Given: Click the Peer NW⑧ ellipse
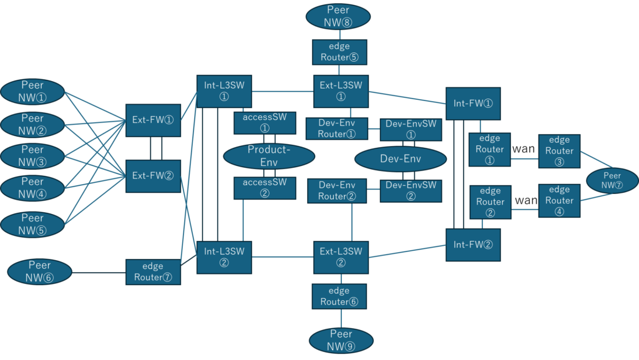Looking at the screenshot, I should point(338,16).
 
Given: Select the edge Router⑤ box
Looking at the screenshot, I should point(339,52).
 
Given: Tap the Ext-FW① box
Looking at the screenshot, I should point(153,120).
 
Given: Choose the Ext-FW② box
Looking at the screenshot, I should point(153,175).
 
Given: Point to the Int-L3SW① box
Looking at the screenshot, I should point(224,91).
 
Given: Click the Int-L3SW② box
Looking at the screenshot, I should point(224,257).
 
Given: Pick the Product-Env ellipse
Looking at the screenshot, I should point(268,156).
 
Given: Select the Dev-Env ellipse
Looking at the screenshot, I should point(400,159).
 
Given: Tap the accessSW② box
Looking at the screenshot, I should point(265,188).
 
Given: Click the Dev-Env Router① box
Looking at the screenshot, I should point(336,129).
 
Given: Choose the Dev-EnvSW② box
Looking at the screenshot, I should point(411,190).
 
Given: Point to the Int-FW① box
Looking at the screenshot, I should point(473,103).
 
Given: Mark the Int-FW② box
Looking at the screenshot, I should point(473,244).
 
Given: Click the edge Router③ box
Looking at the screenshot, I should point(559,151).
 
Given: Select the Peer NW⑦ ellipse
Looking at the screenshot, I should point(612,181).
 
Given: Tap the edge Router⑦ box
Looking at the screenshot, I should point(153,272).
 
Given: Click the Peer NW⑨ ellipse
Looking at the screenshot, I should point(341,340).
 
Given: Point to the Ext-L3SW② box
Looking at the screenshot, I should point(341,257).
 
